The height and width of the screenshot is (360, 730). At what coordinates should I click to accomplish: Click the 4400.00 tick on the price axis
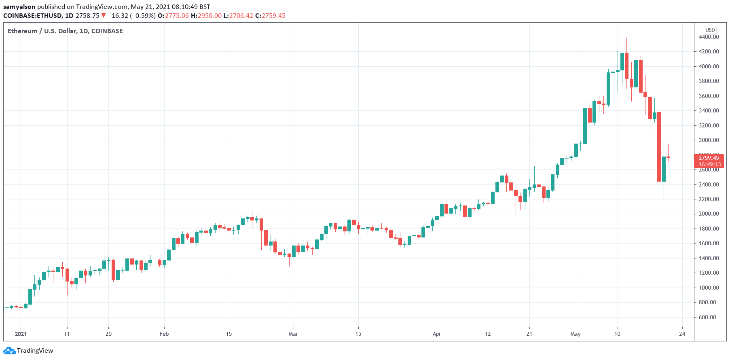coord(709,37)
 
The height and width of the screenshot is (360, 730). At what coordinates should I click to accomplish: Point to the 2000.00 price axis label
coord(709,214)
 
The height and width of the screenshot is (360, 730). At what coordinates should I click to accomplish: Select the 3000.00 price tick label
coord(709,140)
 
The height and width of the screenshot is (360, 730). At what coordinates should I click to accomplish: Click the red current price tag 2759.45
coord(709,158)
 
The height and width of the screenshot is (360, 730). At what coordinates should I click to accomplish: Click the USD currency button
coord(710,30)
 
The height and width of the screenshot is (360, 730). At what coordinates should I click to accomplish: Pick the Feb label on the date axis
coord(164,334)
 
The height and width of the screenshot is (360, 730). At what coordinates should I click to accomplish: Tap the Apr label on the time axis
coord(436,334)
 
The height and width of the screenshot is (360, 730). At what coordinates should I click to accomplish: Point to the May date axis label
coord(575,334)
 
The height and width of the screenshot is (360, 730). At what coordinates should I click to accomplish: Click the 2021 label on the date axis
coord(21,334)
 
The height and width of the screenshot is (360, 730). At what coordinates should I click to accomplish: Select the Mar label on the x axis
coord(293,334)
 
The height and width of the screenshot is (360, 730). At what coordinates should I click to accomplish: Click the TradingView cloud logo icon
coord(10,351)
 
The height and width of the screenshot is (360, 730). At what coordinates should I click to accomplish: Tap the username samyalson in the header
coord(19,6)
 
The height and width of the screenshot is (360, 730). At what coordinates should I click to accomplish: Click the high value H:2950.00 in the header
coord(206,16)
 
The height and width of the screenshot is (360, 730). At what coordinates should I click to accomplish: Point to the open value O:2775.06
coord(173,16)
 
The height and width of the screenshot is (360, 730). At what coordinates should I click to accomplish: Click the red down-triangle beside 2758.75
coord(104,16)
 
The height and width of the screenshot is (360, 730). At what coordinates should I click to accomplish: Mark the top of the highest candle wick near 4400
coord(626,38)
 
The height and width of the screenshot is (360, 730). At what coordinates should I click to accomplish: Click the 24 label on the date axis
coord(682,334)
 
